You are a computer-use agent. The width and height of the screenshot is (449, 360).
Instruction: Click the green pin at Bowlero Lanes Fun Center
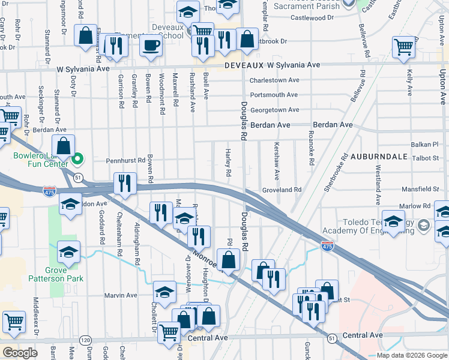[x=76, y=160]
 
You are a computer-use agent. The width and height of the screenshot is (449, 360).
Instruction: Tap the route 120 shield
[x=86, y=340]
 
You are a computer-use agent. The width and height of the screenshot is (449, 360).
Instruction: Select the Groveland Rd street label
[x=281, y=190]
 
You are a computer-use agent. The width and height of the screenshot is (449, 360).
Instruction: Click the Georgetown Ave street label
[x=274, y=110]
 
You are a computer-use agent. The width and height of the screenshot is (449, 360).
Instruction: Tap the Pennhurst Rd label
[x=125, y=161]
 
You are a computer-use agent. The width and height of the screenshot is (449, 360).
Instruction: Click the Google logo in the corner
[x=19, y=353]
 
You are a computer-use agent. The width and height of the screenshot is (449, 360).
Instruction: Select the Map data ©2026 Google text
[x=411, y=355]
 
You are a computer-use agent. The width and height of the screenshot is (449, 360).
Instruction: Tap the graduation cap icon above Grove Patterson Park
[x=68, y=252]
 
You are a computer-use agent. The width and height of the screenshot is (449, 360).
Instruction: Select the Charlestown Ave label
[x=274, y=80]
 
